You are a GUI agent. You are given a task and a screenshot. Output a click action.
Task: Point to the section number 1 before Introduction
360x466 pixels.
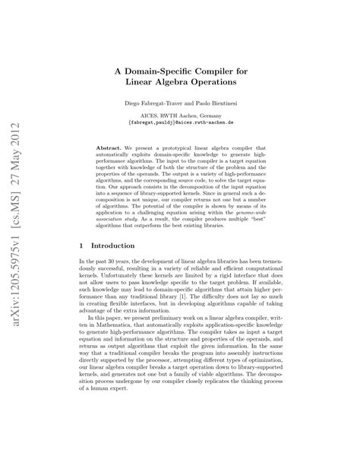81,247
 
